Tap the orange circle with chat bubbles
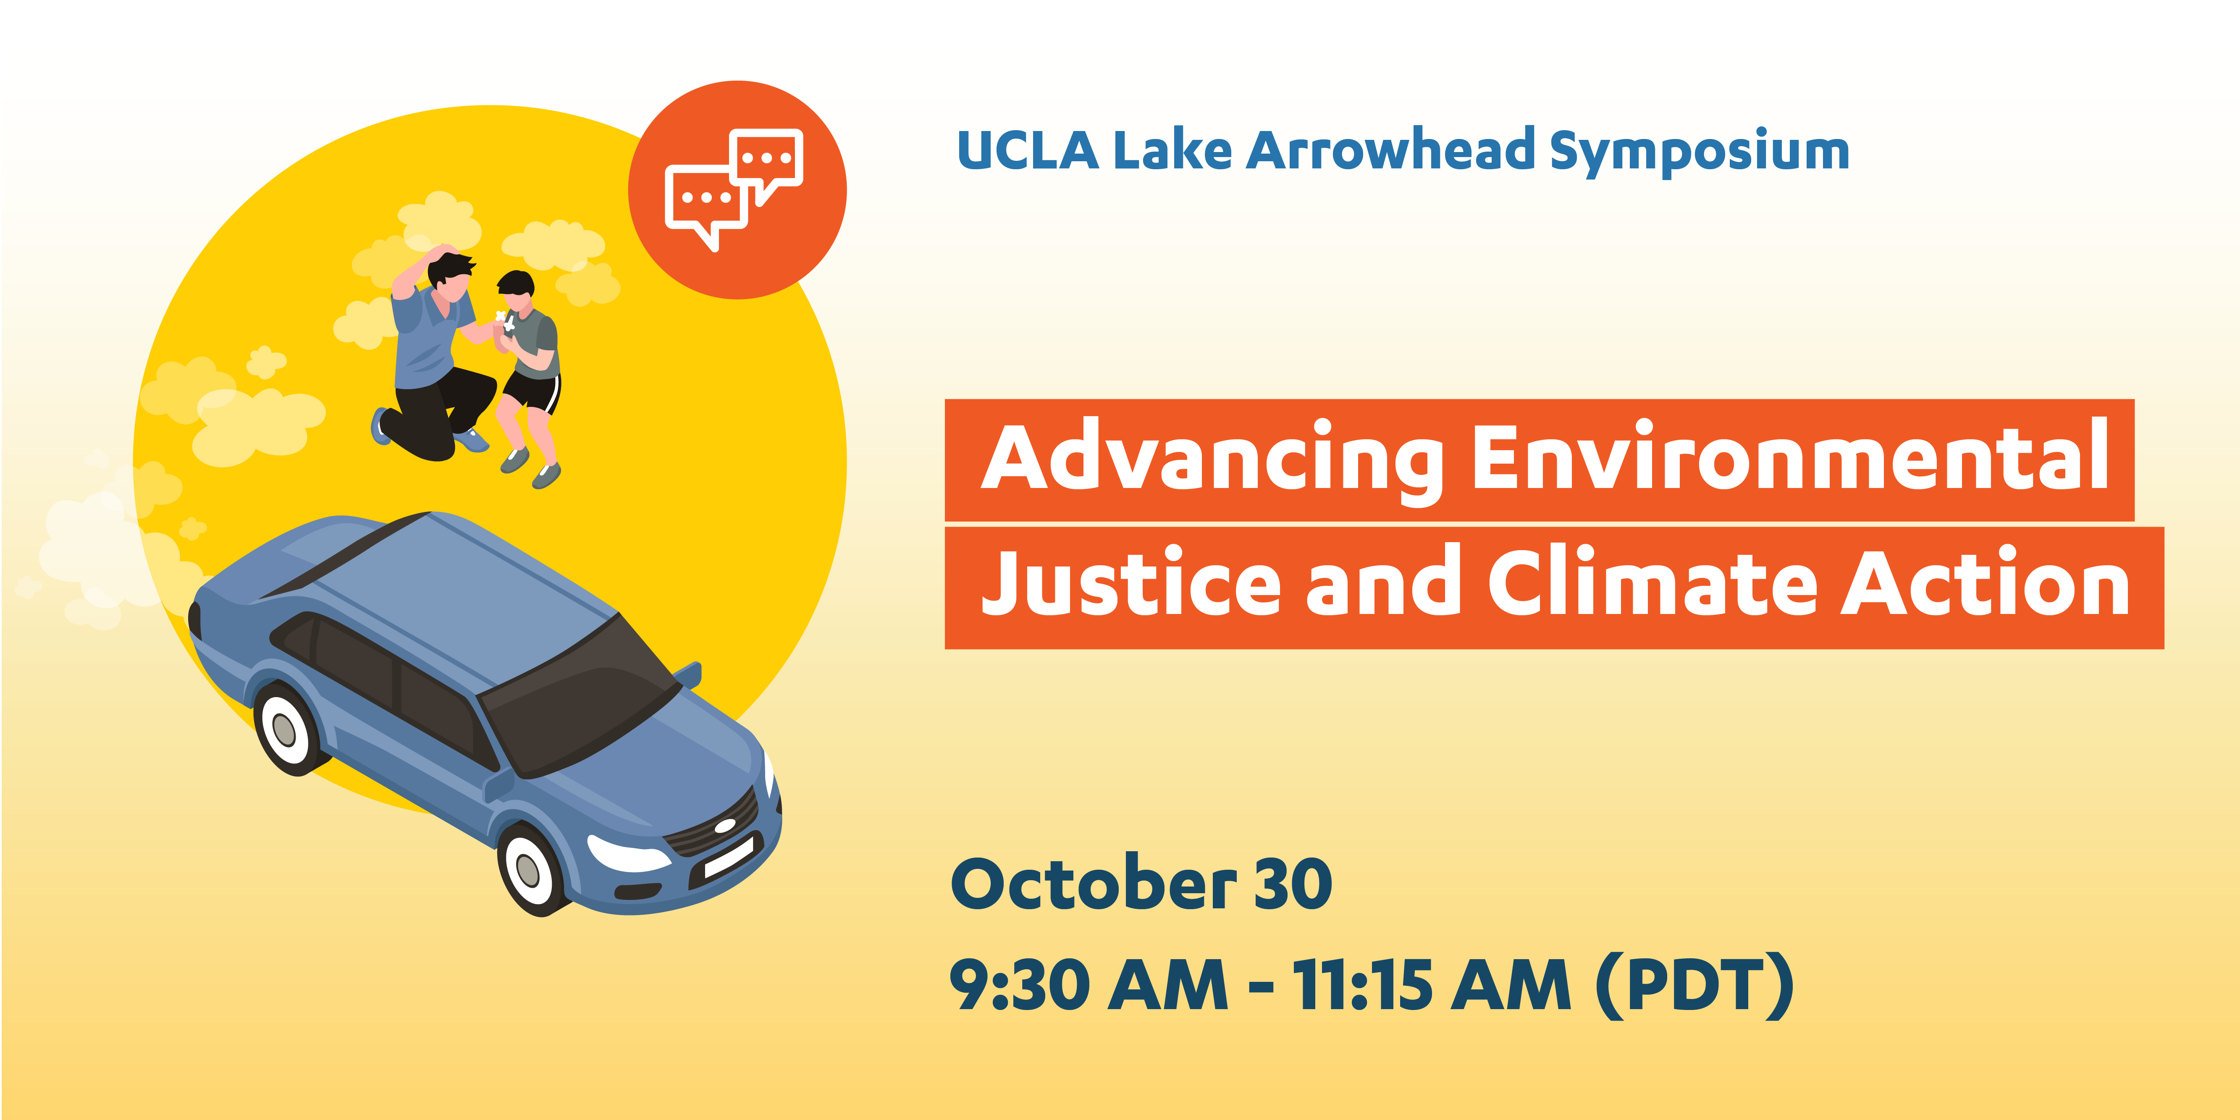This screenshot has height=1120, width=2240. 737,189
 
